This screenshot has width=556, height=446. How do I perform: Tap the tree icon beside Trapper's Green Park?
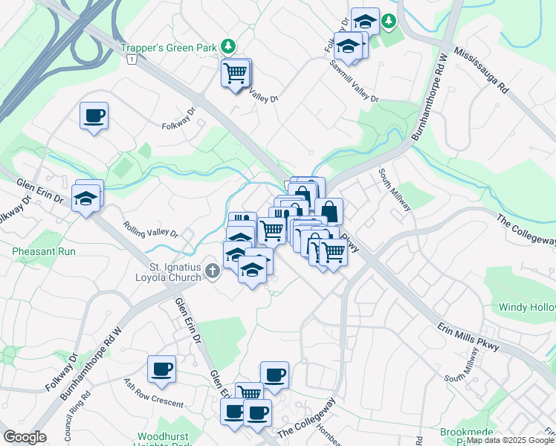coord(230,47)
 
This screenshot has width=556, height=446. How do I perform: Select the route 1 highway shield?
coord(131,59)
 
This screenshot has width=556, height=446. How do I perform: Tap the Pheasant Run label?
coord(44,251)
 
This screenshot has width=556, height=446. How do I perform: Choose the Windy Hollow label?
coord(526,306)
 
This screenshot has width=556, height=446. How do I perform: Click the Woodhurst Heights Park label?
coord(165,439)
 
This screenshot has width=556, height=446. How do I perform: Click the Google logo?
coord(25,436)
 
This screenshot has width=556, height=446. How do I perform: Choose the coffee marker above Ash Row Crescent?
coord(161,369)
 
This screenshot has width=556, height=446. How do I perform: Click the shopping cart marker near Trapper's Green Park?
coord(236,74)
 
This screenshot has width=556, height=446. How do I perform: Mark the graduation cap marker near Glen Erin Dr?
coord(86,198)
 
